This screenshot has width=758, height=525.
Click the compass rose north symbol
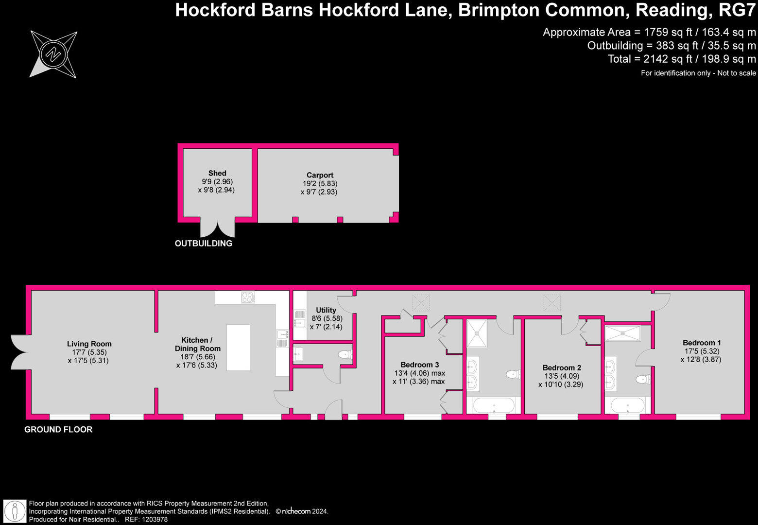[53, 53]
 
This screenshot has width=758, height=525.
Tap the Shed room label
[217, 173]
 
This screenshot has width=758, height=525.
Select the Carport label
[320, 175]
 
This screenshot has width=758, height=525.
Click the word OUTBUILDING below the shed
[203, 244]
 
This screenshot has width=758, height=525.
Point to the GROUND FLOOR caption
[58, 430]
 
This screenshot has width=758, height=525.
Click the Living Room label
[89, 344]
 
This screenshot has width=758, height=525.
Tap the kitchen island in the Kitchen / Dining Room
[238, 348]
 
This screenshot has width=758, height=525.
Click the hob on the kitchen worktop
[248, 297]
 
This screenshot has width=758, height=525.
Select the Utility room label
[326, 310]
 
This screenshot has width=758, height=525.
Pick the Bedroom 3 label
[420, 365]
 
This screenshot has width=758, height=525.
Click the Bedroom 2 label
[562, 367]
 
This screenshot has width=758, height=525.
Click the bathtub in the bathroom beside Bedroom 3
[493, 405]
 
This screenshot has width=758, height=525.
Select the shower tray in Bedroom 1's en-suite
[622, 333]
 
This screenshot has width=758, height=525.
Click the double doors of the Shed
[218, 229]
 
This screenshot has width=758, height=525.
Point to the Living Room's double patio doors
[19, 351]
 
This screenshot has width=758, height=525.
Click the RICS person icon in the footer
[15, 511]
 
